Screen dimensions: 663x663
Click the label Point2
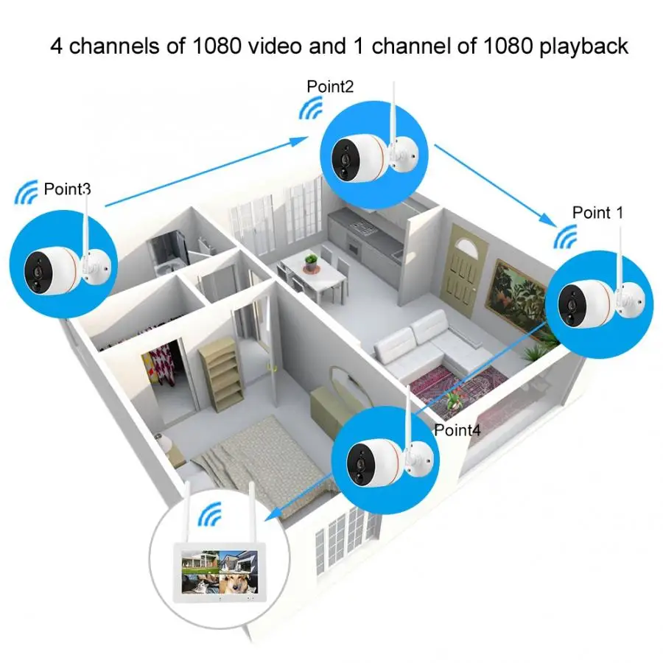pos(330,86)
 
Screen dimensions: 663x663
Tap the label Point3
pos(67,189)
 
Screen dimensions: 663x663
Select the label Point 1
pos(597,213)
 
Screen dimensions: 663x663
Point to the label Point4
pos(457,429)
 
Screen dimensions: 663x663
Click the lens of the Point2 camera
pos(343,156)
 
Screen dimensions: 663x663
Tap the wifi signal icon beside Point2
pos(310,109)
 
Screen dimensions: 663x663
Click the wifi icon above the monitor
pos(214,515)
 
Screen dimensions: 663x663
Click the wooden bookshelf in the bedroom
pos(219,376)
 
